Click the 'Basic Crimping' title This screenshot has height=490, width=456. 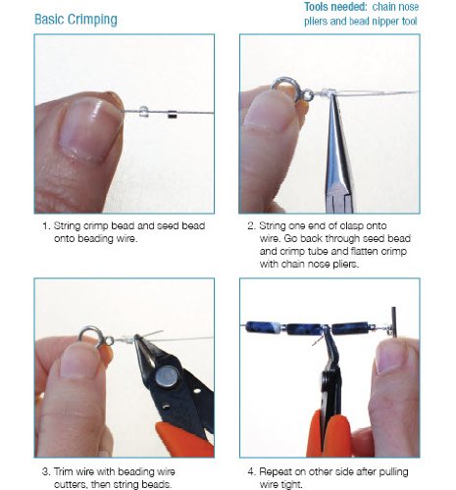tap(76, 20)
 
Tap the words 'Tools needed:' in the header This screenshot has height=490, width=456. tap(335, 7)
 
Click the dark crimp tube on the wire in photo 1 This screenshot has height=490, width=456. tap(172, 115)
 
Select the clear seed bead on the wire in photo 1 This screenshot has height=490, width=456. tap(143, 111)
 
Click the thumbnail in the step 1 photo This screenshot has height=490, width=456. tap(89, 129)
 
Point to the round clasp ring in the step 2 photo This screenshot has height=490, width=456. tap(284, 88)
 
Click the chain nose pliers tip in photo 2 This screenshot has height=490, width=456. tap(333, 99)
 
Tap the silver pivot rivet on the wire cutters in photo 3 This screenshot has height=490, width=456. tap(167, 376)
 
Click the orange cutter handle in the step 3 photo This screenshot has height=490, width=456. tap(184, 439)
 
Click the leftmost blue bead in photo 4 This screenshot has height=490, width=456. tap(263, 327)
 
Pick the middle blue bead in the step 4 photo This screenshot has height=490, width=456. tap(304, 329)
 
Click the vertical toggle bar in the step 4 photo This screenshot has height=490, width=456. tap(394, 322)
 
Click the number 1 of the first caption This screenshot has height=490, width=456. tap(45, 226)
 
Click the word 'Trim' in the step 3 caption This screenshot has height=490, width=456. tap(63, 471)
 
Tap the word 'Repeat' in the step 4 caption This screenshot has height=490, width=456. tap(276, 472)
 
